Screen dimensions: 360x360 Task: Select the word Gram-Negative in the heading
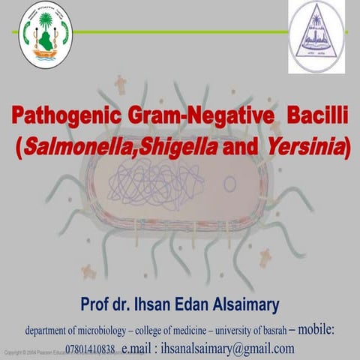(192, 118)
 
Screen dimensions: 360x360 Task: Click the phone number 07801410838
(90, 349)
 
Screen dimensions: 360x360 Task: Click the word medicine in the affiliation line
(191, 331)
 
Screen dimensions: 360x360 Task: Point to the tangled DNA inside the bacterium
(164, 187)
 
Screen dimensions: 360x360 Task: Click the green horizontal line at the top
(180, 32)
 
